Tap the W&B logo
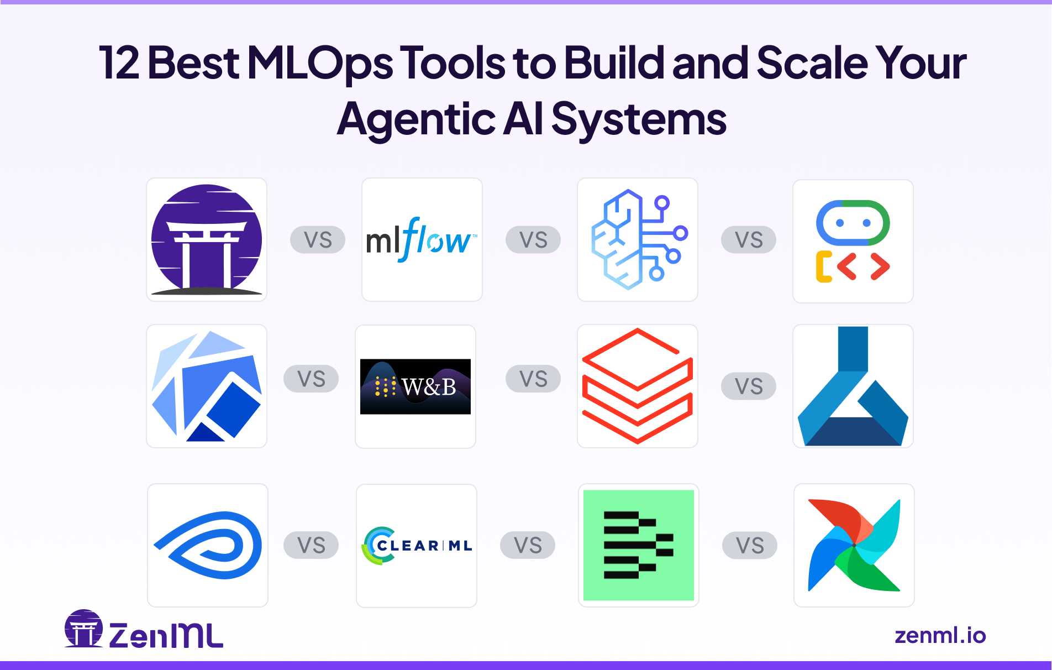[415, 386]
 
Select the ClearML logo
[418, 546]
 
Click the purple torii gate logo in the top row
[207, 239]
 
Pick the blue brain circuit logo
[638, 239]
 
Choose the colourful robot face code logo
[853, 241]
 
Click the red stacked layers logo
[638, 386]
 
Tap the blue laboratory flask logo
[853, 386]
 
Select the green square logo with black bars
[638, 545]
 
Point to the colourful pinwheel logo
[854, 545]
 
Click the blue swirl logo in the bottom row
[208, 545]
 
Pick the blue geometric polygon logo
[207, 386]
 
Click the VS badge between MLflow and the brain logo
[533, 240]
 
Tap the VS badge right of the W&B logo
[533, 379]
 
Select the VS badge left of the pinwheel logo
[749, 546]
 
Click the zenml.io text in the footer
[940, 636]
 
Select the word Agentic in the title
[416, 119]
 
